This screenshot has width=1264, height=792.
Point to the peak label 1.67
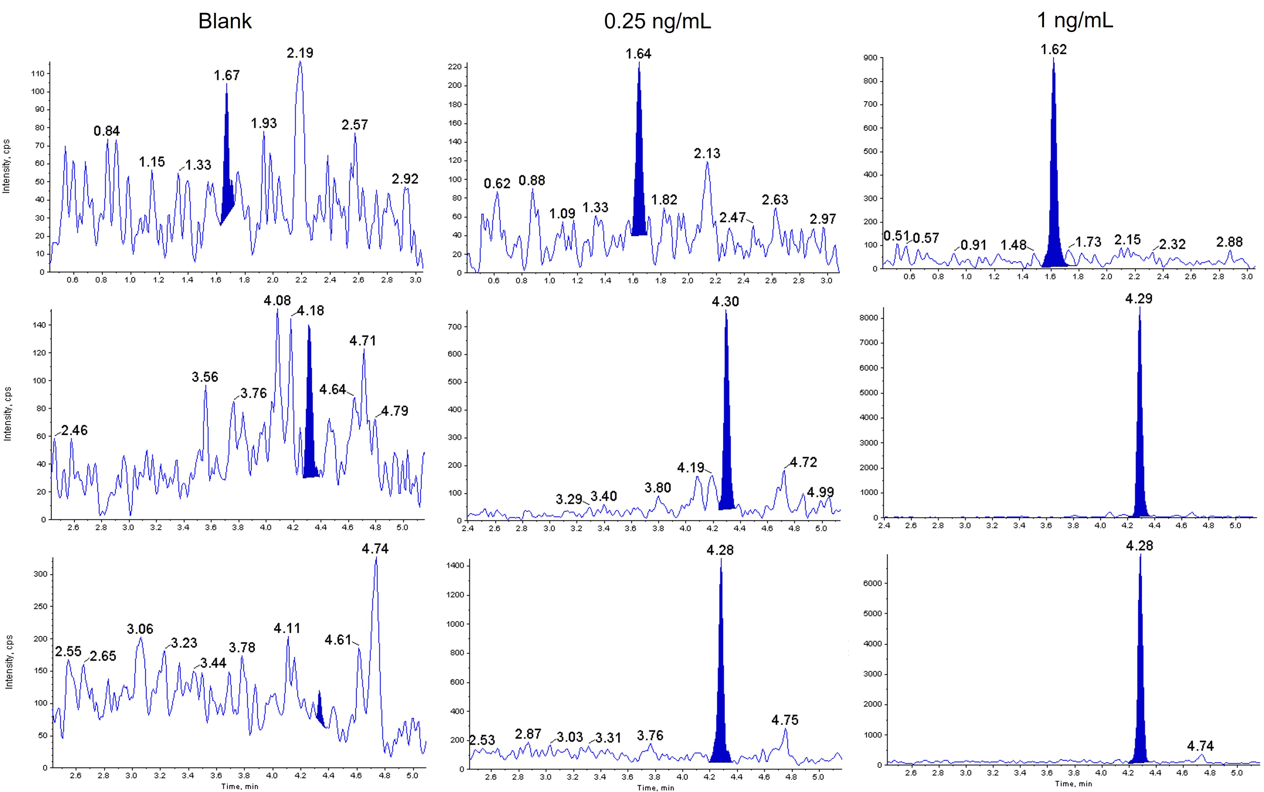(227, 76)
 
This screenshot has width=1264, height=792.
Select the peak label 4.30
(725, 302)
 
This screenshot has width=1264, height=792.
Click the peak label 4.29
(1139, 299)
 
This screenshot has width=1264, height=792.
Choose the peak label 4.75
(785, 720)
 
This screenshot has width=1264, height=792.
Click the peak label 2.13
(707, 153)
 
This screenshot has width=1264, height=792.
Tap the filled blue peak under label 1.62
(1053, 209)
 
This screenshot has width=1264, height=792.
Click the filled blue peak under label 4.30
(726, 445)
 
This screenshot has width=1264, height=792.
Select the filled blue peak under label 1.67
(227, 178)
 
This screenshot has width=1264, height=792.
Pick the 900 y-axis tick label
(870, 58)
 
